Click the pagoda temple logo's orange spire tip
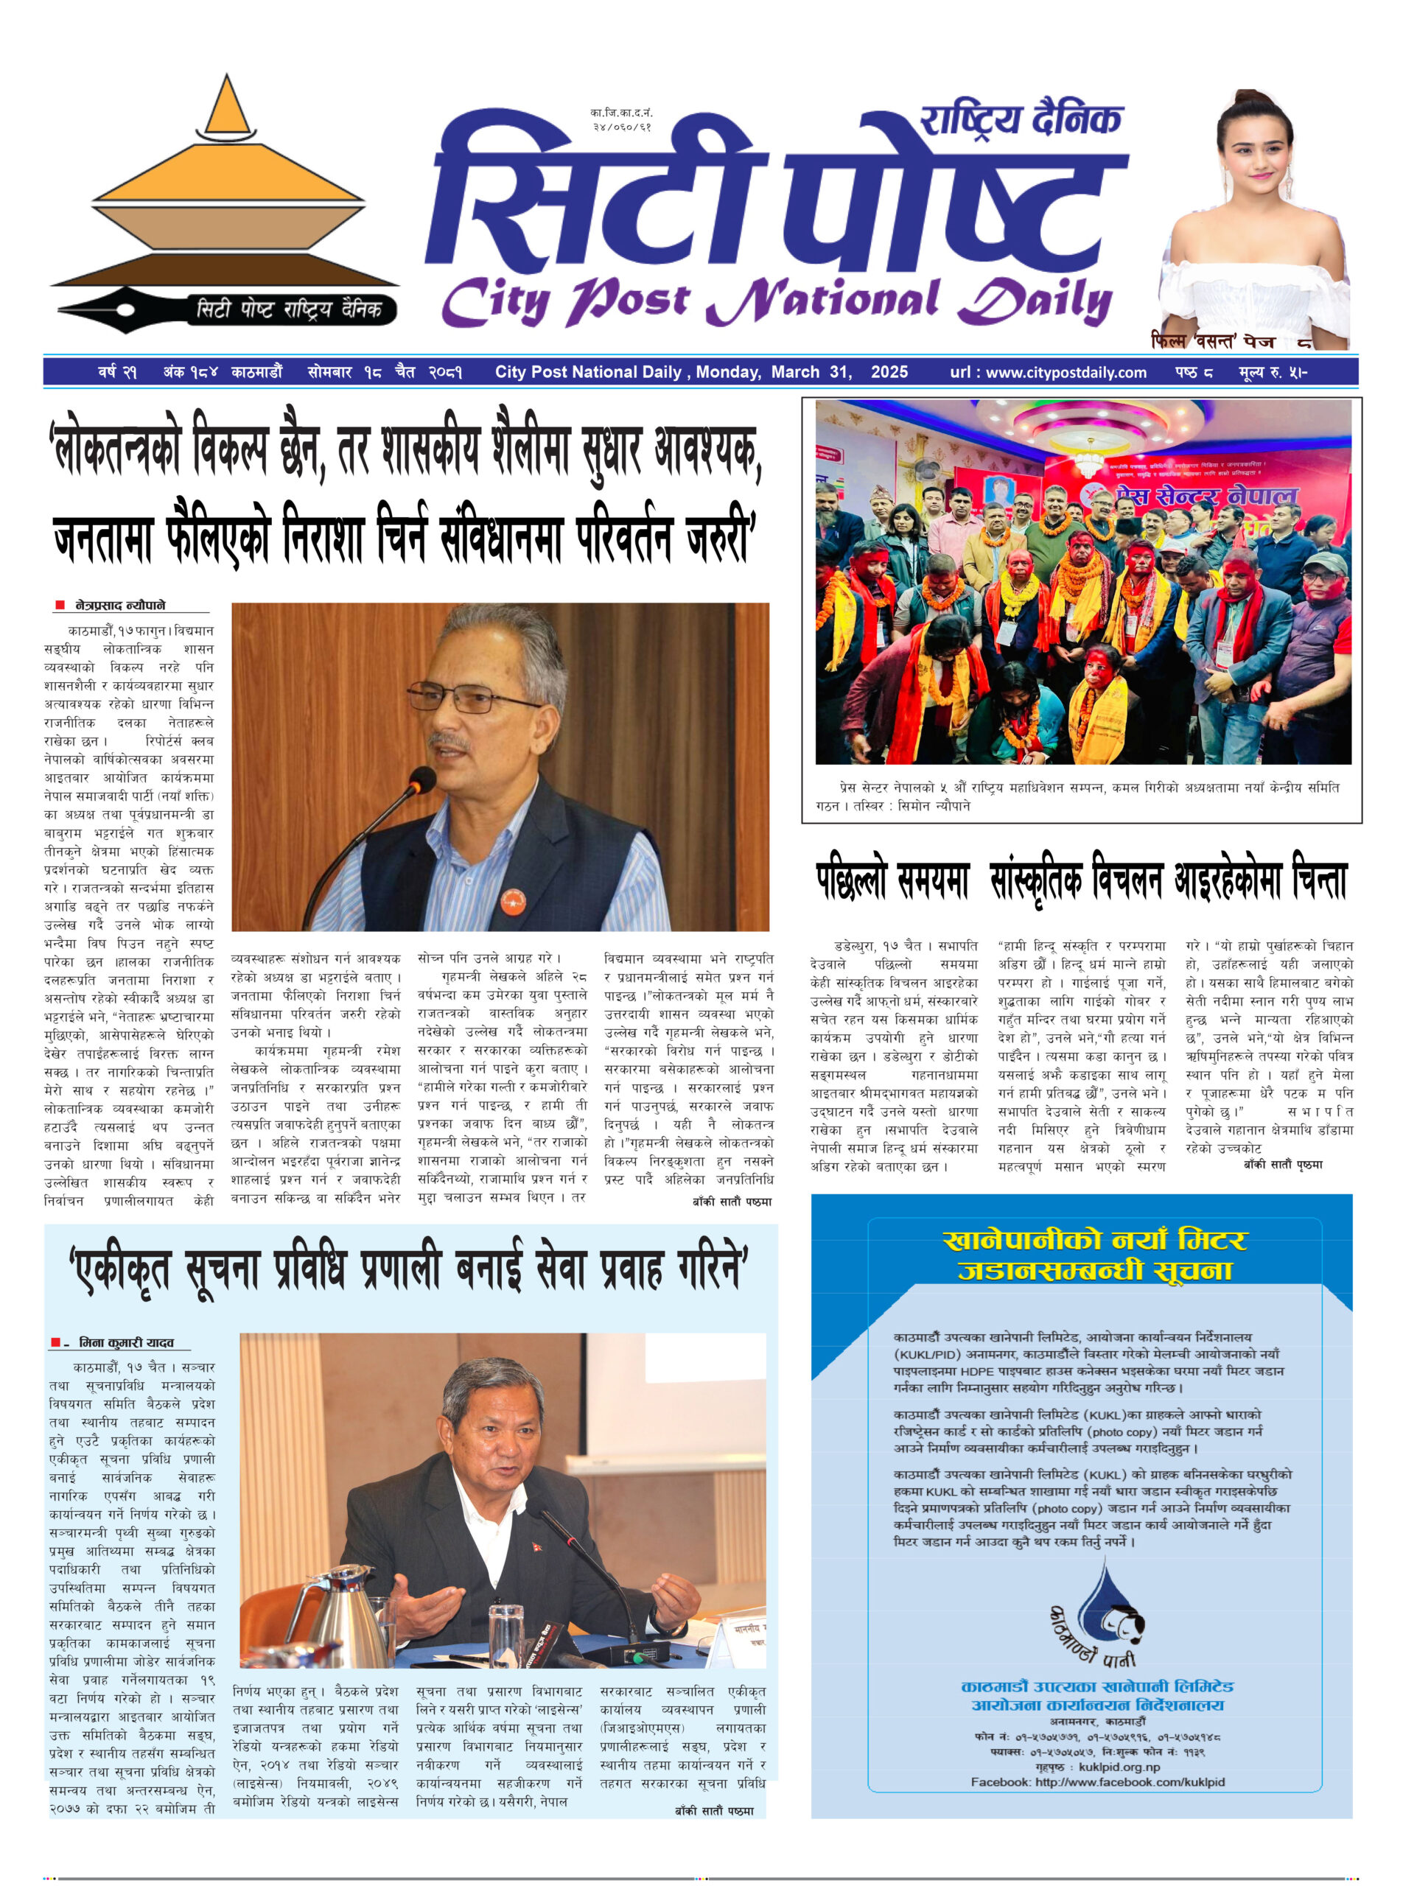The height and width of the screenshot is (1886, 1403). [227, 85]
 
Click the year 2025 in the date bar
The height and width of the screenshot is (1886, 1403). [889, 372]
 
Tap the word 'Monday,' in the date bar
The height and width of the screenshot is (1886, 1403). [728, 372]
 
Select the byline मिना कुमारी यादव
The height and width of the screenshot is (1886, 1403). [126, 1342]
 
